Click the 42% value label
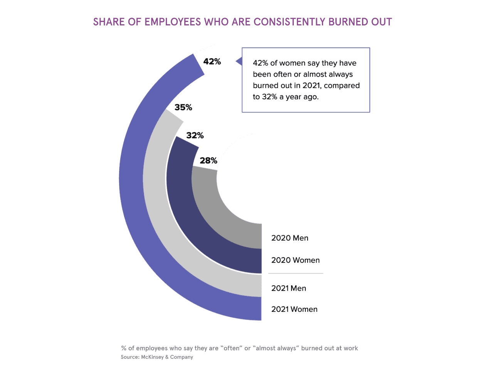pyautogui.click(x=212, y=62)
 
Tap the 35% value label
pyautogui.click(x=183, y=107)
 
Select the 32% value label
pyautogui.click(x=195, y=135)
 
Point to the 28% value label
pyautogui.click(x=209, y=161)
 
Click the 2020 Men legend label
pyautogui.click(x=290, y=238)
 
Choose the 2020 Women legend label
pyautogui.click(x=295, y=260)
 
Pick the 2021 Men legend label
pyautogui.click(x=288, y=288)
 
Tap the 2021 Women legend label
pyautogui.click(x=294, y=309)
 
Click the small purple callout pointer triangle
pyautogui.click(x=239, y=61)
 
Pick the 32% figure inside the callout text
pyautogui.click(x=270, y=97)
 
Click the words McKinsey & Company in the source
pyautogui.click(x=167, y=357)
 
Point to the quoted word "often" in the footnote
pyautogui.click(x=231, y=348)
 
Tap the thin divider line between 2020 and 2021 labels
pyautogui.click(x=295, y=273)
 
